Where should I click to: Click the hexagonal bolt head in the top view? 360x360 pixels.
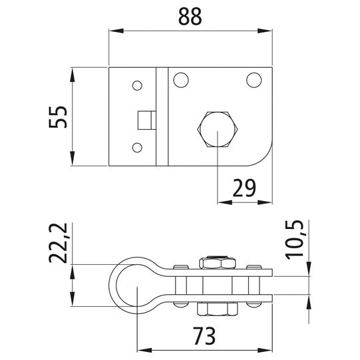pos(218,128)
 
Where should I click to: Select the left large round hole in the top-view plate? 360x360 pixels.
pos(180,80)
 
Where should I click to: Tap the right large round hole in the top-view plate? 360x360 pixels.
pos(254,80)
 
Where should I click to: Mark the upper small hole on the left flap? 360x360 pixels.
pos(137,85)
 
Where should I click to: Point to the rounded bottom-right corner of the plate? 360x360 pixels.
pos(264,157)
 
